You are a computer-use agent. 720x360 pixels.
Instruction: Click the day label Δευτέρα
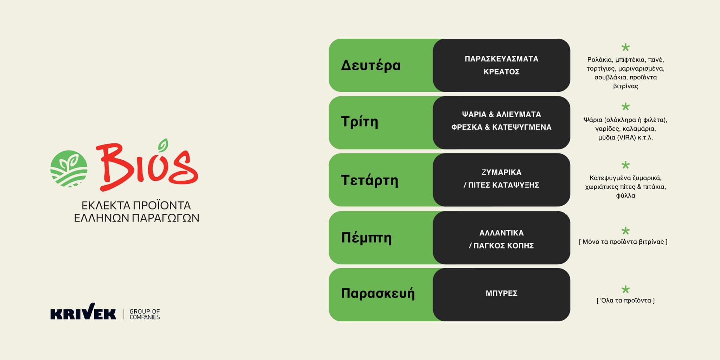tap(371, 65)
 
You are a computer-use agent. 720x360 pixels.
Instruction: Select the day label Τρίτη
tap(359, 122)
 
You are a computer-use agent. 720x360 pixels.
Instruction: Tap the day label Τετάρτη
tap(369, 180)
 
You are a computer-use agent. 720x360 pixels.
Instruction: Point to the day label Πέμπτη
tap(366, 238)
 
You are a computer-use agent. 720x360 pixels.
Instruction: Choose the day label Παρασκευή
tap(378, 293)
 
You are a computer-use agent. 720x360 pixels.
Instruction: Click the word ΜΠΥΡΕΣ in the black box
tap(501, 293)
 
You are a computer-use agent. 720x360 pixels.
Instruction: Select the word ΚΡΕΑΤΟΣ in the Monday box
tap(501, 72)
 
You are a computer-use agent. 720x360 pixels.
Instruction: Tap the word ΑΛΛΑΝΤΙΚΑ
tap(501, 233)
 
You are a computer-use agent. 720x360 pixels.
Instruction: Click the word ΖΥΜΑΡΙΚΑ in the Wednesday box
tap(501, 172)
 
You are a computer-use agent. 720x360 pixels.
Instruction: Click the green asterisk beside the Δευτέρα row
tap(625, 47)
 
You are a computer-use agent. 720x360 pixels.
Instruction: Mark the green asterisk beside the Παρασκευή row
tap(625, 290)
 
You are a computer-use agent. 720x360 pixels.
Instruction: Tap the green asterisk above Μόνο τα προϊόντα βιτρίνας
tap(625, 231)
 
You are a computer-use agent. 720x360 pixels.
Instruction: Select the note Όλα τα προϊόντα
tap(625, 301)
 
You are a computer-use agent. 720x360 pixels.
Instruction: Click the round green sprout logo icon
tap(69, 169)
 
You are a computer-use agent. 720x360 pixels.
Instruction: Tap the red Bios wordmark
tap(147, 165)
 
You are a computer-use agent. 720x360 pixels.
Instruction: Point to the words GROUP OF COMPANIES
tap(144, 314)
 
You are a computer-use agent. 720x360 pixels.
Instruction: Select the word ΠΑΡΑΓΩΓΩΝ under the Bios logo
tap(165, 218)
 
